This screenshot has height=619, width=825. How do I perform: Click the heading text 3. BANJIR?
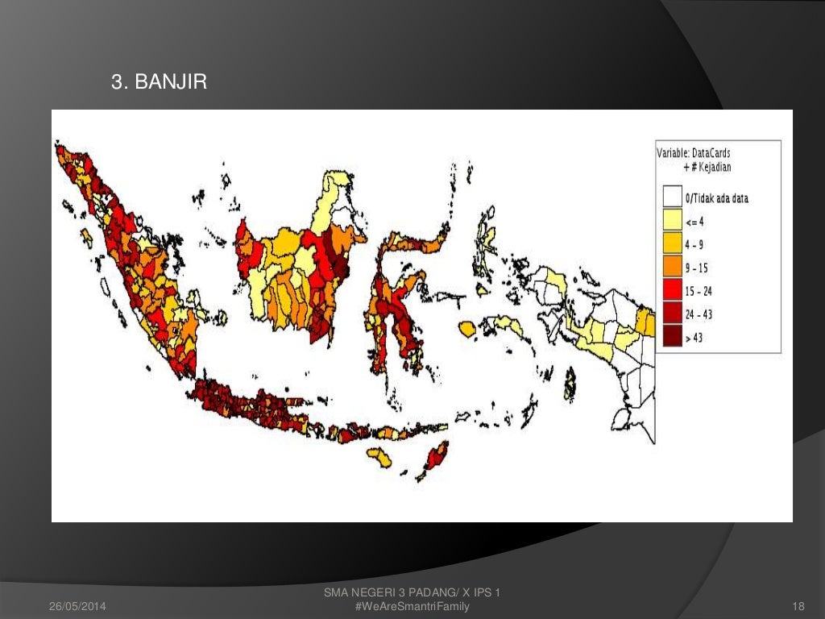pyautogui.click(x=159, y=81)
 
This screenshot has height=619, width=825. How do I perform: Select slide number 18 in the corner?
pyautogui.click(x=799, y=605)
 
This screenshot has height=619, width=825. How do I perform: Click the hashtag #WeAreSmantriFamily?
pyautogui.click(x=412, y=605)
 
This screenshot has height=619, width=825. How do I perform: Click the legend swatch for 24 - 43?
pyautogui.click(x=672, y=314)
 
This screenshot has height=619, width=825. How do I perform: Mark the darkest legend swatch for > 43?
pyautogui.click(x=672, y=338)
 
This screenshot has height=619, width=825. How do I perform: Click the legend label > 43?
pyautogui.click(x=694, y=339)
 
